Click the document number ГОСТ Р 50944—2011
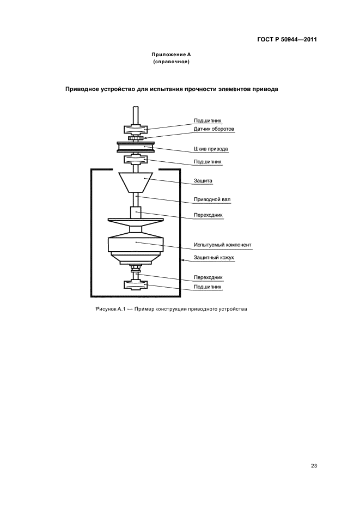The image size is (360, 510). pyautogui.click(x=287, y=39)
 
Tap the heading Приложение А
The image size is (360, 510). pyautogui.click(x=171, y=54)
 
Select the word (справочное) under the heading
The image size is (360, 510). pyautogui.click(x=171, y=62)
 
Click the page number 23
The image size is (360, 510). pyautogui.click(x=314, y=466)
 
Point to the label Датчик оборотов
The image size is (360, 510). pyautogui.click(x=213, y=129)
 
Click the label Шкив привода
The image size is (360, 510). pyautogui.click(x=211, y=149)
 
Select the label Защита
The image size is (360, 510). pyautogui.click(x=203, y=180)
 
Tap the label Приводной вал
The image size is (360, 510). pyautogui.click(x=212, y=199)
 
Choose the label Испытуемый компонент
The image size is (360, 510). pyautogui.click(x=222, y=245)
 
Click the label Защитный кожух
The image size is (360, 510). pyautogui.click(x=213, y=258)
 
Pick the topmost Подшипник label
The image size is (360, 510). pyautogui.click(x=208, y=120)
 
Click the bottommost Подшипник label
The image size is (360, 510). pyautogui.click(x=208, y=287)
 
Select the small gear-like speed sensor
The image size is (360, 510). pyautogui.click(x=136, y=139)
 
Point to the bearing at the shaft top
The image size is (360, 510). pyautogui.click(x=136, y=130)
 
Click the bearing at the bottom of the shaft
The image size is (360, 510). pyautogui.click(x=136, y=285)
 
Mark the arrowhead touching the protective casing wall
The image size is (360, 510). pyautogui.click(x=183, y=260)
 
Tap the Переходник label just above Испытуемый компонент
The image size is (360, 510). pyautogui.click(x=208, y=215)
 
